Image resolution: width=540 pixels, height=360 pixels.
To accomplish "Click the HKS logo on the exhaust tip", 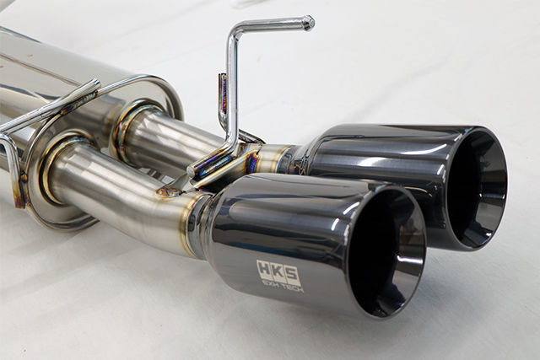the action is click(278, 271).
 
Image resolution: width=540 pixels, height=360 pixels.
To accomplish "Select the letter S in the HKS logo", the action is click(291, 274).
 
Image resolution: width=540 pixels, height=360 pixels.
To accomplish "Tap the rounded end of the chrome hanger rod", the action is click(309, 23).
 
